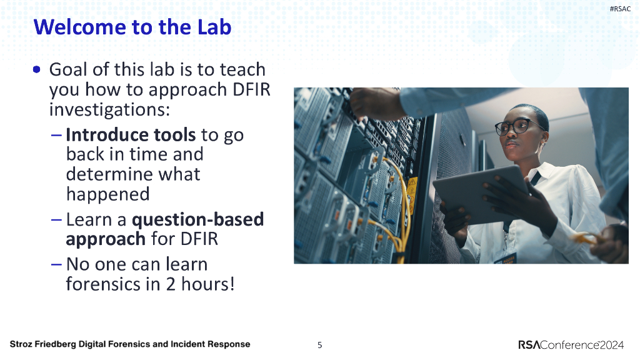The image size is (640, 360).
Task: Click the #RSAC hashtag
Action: (x=620, y=9)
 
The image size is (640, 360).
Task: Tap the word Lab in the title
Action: (x=214, y=27)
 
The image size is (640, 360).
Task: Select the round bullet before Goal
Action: (x=37, y=69)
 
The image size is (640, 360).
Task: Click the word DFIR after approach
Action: (x=251, y=89)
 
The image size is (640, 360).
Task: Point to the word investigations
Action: (x=109, y=109)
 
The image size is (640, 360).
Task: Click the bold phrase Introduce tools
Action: (x=131, y=135)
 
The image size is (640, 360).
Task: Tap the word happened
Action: (x=107, y=194)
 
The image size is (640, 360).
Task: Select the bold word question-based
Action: (x=198, y=219)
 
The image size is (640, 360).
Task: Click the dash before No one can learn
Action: (x=56, y=264)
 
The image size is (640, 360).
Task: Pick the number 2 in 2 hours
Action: (x=171, y=284)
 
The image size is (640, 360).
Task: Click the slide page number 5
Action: (x=319, y=345)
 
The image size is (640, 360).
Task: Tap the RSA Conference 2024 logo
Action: (x=571, y=345)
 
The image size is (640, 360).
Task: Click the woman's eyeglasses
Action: (x=517, y=127)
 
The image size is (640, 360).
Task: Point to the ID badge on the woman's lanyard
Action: (x=506, y=259)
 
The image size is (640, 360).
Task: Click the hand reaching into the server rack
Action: (x=374, y=103)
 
